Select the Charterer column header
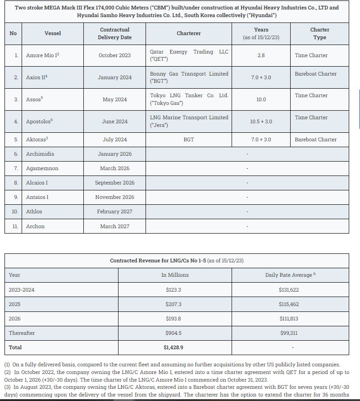(x=189, y=33)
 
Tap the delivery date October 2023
(x=114, y=55)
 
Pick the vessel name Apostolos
(x=39, y=122)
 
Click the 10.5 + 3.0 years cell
(x=261, y=122)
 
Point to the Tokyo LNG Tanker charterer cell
(x=189, y=99)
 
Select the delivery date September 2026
(x=114, y=183)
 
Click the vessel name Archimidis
(x=40, y=154)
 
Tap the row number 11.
(x=15, y=226)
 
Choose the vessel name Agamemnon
(x=42, y=168)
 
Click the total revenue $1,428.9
(x=173, y=347)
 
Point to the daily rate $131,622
(x=289, y=290)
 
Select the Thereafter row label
(x=22, y=333)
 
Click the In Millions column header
(x=175, y=275)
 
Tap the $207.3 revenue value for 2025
(x=173, y=304)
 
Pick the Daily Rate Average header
(x=290, y=275)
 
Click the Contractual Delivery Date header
(x=114, y=33)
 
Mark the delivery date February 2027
(x=114, y=212)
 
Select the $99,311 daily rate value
(x=289, y=333)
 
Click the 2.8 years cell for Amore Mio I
(x=261, y=55)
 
